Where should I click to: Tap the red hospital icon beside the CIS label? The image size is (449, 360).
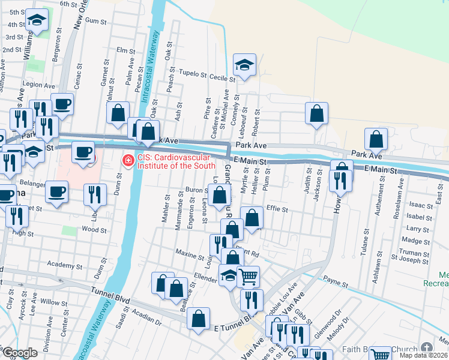[127, 161]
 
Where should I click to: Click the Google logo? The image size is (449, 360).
[20, 353]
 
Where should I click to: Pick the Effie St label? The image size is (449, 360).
[277, 210]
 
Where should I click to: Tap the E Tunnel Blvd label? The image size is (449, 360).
[231, 328]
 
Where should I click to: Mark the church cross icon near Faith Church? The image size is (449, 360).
[427, 349]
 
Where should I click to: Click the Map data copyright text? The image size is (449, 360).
[423, 355]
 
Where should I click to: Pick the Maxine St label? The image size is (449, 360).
[190, 254]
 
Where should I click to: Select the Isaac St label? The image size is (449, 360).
[419, 205]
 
